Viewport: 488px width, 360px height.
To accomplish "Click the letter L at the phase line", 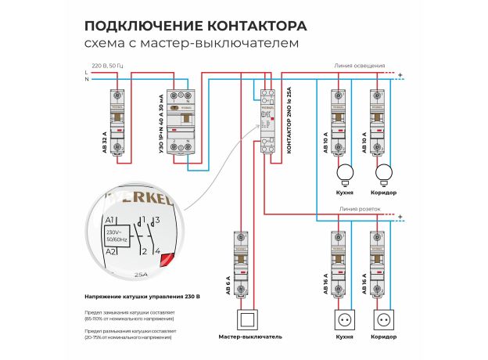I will (86, 72).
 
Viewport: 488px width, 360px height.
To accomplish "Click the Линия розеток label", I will (360, 209).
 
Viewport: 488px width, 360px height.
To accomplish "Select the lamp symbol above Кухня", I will (344, 173).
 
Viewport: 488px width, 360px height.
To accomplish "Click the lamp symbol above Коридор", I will (384, 173).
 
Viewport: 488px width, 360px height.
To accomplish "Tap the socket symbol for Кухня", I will (344, 320).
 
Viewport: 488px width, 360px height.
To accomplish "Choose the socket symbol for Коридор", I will (384, 320).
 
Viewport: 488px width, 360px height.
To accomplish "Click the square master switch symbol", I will (246, 320).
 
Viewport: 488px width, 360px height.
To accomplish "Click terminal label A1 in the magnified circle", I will (109, 221).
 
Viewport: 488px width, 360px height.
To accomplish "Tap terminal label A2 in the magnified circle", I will (109, 251).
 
